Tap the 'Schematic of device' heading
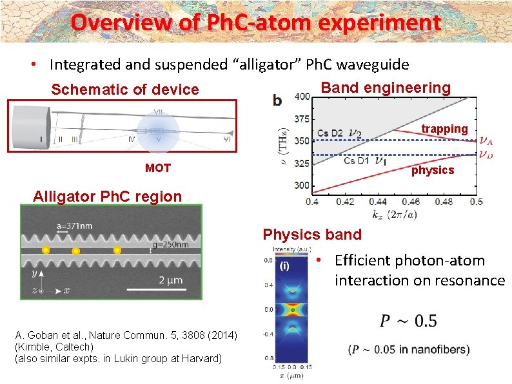[x=125, y=90]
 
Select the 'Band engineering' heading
[x=386, y=88]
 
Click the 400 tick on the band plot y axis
[x=301, y=97]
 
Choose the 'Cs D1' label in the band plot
[x=356, y=160]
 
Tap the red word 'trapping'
[x=444, y=129]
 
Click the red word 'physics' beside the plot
[x=433, y=170]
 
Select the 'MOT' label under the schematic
[x=158, y=168]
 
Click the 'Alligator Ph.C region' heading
[x=108, y=197]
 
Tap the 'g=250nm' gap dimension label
[x=172, y=245]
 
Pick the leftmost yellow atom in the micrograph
[x=45, y=250]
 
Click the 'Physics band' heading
[x=312, y=234]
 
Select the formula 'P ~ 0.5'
[x=400, y=321]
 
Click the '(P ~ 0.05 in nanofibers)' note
[x=409, y=350]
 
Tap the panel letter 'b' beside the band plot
[x=277, y=100]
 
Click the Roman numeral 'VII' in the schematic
[x=157, y=112]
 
